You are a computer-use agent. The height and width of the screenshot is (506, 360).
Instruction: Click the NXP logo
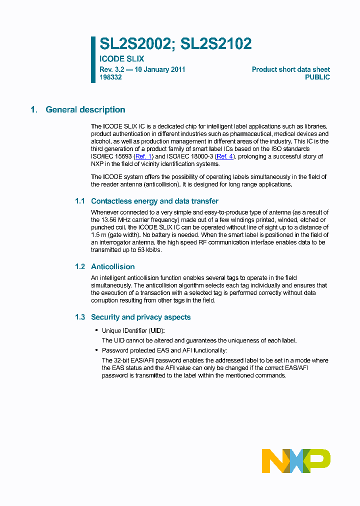pyautogui.click(x=296, y=460)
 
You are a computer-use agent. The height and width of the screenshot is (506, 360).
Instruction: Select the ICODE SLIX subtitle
pyautogui.click(x=122, y=59)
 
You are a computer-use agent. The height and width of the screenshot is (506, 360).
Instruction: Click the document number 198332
pyautogui.click(x=111, y=77)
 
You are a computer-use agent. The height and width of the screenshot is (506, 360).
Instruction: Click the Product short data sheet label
pyautogui.click(x=290, y=69)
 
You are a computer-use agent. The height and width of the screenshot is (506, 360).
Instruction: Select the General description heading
pyautogui.click(x=85, y=110)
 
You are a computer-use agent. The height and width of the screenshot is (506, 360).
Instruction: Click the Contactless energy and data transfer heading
pyautogui.click(x=154, y=201)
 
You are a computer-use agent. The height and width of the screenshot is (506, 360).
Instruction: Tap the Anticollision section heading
pyautogui.click(x=112, y=266)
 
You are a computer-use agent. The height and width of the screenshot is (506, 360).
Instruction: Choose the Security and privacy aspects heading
pyautogui.click(x=140, y=317)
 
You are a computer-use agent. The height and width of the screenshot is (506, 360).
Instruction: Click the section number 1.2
pyautogui.click(x=80, y=266)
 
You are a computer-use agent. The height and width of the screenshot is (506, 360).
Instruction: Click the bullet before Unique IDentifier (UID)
pyautogui.click(x=96, y=331)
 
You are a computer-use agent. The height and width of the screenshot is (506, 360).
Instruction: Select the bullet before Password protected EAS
pyautogui.click(x=96, y=350)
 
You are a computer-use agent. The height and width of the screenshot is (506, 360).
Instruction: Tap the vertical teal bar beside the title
pyautogui.click(x=93, y=59)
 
